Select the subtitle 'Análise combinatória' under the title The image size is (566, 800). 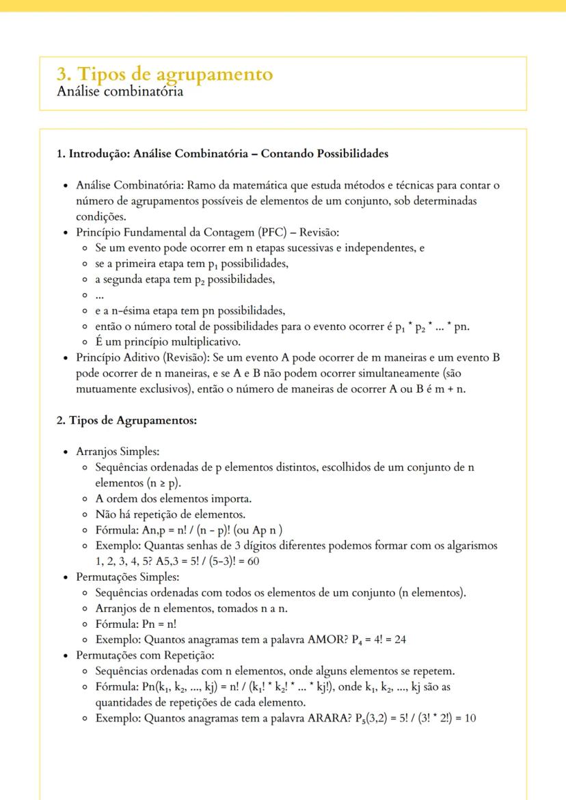[120, 92]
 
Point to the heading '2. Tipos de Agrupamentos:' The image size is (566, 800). [126, 420]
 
